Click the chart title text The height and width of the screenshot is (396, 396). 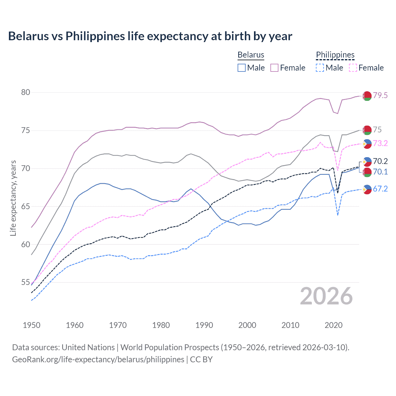tap(150, 36)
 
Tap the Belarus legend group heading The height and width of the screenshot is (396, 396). tap(251, 55)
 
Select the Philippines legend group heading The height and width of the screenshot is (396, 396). tap(335, 55)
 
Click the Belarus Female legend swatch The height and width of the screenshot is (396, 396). tap(274, 68)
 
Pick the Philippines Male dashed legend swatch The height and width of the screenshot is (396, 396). tap(320, 68)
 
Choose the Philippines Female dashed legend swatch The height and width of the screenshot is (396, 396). tap(353, 68)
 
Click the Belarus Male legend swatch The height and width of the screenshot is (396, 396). tap(242, 68)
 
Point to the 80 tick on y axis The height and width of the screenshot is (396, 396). tap(26, 92)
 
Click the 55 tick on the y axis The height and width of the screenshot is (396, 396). tap(26, 282)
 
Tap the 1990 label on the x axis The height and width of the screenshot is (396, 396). tap(204, 325)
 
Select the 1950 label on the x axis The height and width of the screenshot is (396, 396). tap(32, 325)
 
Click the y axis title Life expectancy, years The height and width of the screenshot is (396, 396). tap(13, 198)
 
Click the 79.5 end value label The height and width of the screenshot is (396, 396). tap(380, 95)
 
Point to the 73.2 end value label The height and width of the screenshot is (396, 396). tap(380, 143)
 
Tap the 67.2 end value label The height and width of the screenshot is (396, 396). tap(380, 189)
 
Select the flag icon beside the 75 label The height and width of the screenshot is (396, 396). tap(367, 130)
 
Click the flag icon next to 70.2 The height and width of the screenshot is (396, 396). tap(367, 161)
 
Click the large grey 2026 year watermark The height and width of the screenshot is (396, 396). tap(326, 296)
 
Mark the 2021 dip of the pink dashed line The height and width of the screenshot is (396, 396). tap(338, 170)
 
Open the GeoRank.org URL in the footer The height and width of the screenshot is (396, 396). tap(98, 359)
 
